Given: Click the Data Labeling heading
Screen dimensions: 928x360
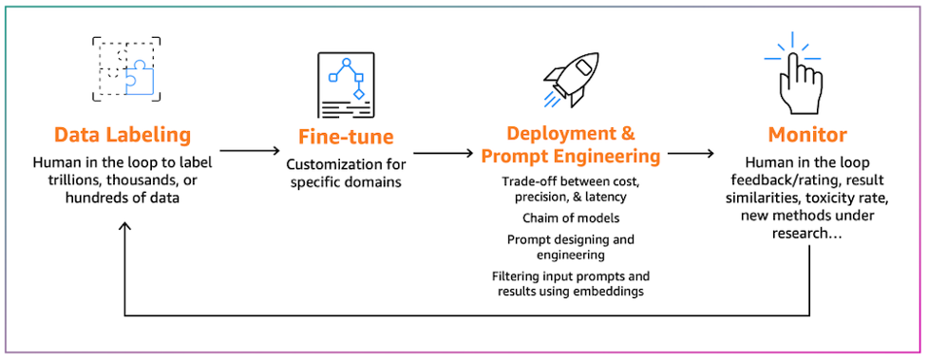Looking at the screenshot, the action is pyautogui.click(x=123, y=135).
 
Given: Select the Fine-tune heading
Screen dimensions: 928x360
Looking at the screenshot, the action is pyautogui.click(x=346, y=137).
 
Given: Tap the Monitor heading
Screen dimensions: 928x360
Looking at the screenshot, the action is pyautogui.click(x=807, y=135).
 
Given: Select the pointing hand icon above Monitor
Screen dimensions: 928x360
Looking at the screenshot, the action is pyautogui.click(x=793, y=74).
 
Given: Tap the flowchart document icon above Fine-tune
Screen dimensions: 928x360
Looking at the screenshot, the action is pyautogui.click(x=347, y=85).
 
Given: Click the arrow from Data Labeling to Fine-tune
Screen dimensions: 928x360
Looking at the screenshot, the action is pyautogui.click(x=249, y=151).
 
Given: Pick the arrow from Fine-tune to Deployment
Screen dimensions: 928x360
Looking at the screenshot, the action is pyautogui.click(x=444, y=153).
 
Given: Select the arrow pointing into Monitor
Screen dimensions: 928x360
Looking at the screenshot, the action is pyautogui.click(x=691, y=153).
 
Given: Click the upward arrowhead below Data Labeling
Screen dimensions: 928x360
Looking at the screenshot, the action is pyautogui.click(x=124, y=228).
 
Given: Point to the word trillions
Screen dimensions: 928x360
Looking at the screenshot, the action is pyautogui.click(x=56, y=180).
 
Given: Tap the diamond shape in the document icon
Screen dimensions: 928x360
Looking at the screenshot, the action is pyautogui.click(x=358, y=93).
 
